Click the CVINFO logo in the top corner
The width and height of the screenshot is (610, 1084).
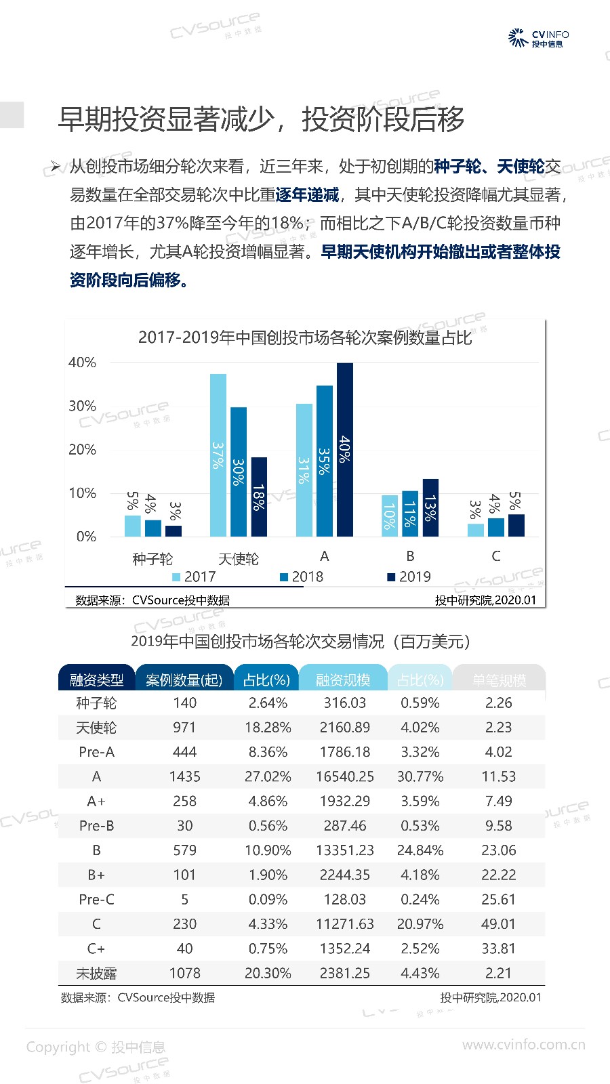point(539,38)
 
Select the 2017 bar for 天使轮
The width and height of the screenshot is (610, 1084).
point(218,455)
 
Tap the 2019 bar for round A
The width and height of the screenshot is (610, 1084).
point(344,450)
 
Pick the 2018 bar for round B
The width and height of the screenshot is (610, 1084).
point(410,514)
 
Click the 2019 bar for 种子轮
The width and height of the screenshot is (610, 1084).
point(174,530)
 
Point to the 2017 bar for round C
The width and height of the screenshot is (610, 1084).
point(476,529)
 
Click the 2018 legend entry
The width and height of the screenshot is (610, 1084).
point(302,577)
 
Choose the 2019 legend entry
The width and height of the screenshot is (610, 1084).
point(409,577)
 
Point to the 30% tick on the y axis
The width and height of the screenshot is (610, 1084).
point(83,406)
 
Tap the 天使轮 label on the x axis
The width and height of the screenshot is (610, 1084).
point(239,559)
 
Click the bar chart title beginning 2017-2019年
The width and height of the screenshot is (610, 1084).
point(304,337)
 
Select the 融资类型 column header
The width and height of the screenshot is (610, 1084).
point(96,680)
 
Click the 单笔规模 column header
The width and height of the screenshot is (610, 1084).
point(499,680)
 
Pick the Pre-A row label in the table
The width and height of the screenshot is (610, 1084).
point(96,752)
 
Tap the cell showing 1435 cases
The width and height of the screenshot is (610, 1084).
point(184,776)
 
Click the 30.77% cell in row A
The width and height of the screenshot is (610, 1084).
point(420,776)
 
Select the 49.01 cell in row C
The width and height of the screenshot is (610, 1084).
point(499,924)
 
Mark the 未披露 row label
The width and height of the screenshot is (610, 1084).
point(96,974)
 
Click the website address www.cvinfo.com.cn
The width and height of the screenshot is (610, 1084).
point(523,1045)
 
